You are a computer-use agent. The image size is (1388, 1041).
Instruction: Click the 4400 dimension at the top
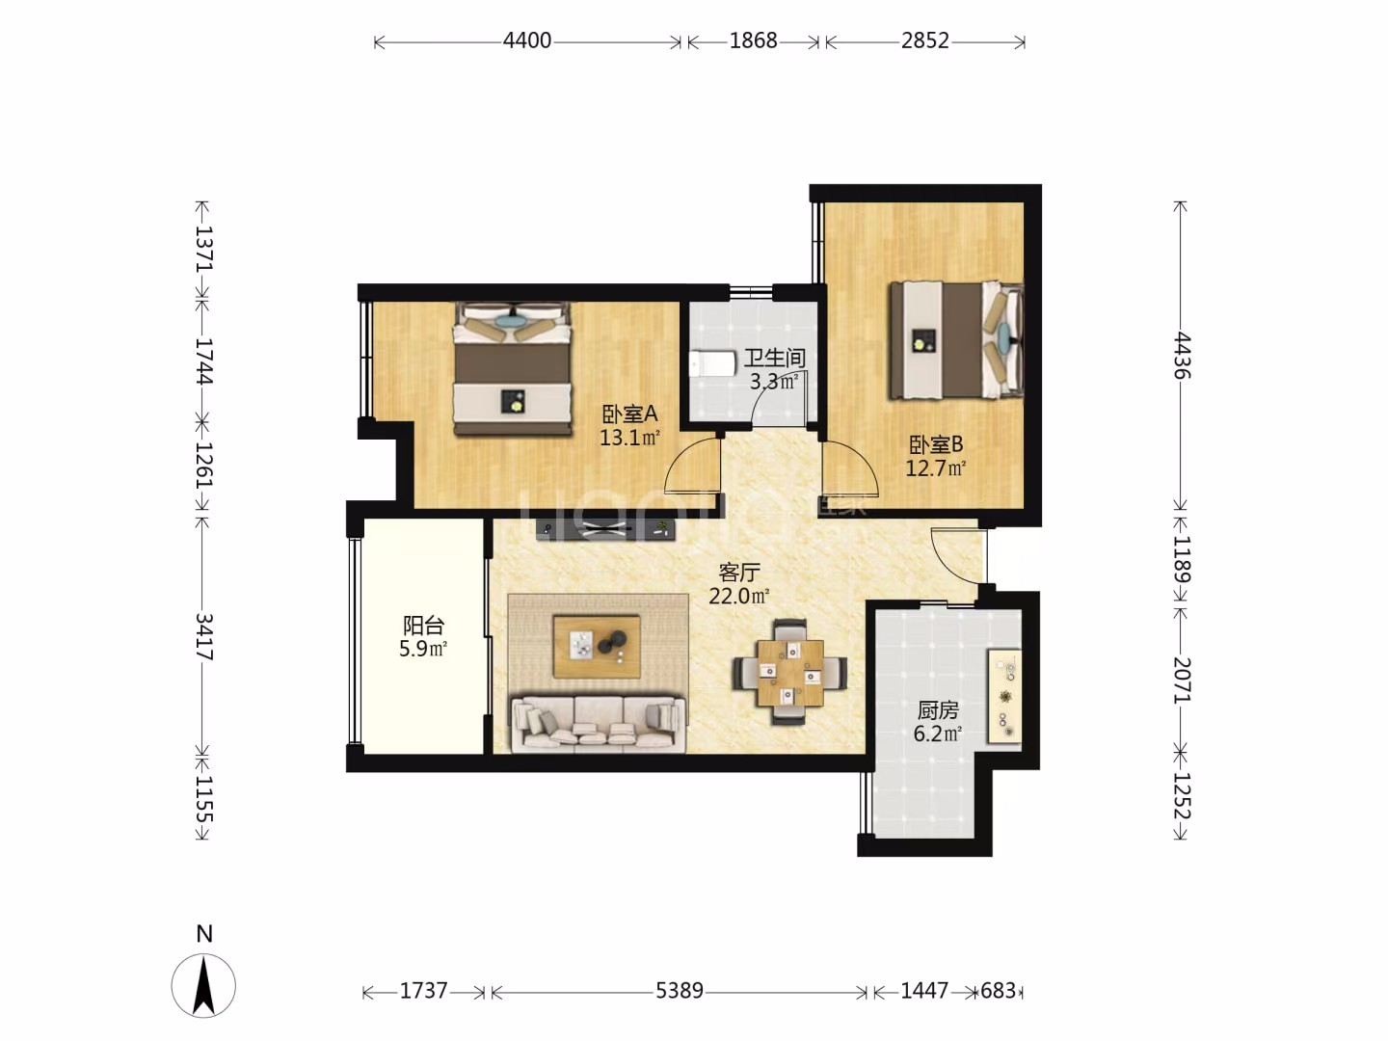tap(527, 40)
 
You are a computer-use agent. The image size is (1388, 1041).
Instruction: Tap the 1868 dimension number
tap(753, 40)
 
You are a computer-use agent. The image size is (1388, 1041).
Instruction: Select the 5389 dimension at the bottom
tap(680, 990)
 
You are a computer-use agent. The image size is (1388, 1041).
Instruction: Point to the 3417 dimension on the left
tap(203, 636)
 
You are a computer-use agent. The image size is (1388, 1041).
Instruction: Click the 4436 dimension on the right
tap(1181, 356)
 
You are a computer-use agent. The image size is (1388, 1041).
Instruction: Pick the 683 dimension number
tap(998, 990)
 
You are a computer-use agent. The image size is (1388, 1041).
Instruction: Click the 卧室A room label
tap(629, 414)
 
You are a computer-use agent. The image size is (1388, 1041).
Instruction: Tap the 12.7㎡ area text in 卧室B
tap(936, 468)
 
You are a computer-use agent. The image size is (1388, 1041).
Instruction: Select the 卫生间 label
tap(774, 359)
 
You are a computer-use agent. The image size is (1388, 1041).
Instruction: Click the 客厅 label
tap(738, 573)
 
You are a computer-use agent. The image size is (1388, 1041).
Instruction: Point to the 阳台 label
tap(424, 626)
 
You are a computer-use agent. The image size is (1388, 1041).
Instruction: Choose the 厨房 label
tap(938, 710)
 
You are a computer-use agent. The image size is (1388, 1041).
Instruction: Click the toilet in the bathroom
tap(711, 363)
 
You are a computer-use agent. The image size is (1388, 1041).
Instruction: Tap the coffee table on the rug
tap(597, 646)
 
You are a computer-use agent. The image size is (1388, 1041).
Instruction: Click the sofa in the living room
tap(599, 724)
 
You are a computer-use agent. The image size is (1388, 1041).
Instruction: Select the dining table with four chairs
tap(790, 672)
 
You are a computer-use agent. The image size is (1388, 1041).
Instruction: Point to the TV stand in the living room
tap(605, 529)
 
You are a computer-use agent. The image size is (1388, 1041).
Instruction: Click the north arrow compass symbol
tap(203, 985)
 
